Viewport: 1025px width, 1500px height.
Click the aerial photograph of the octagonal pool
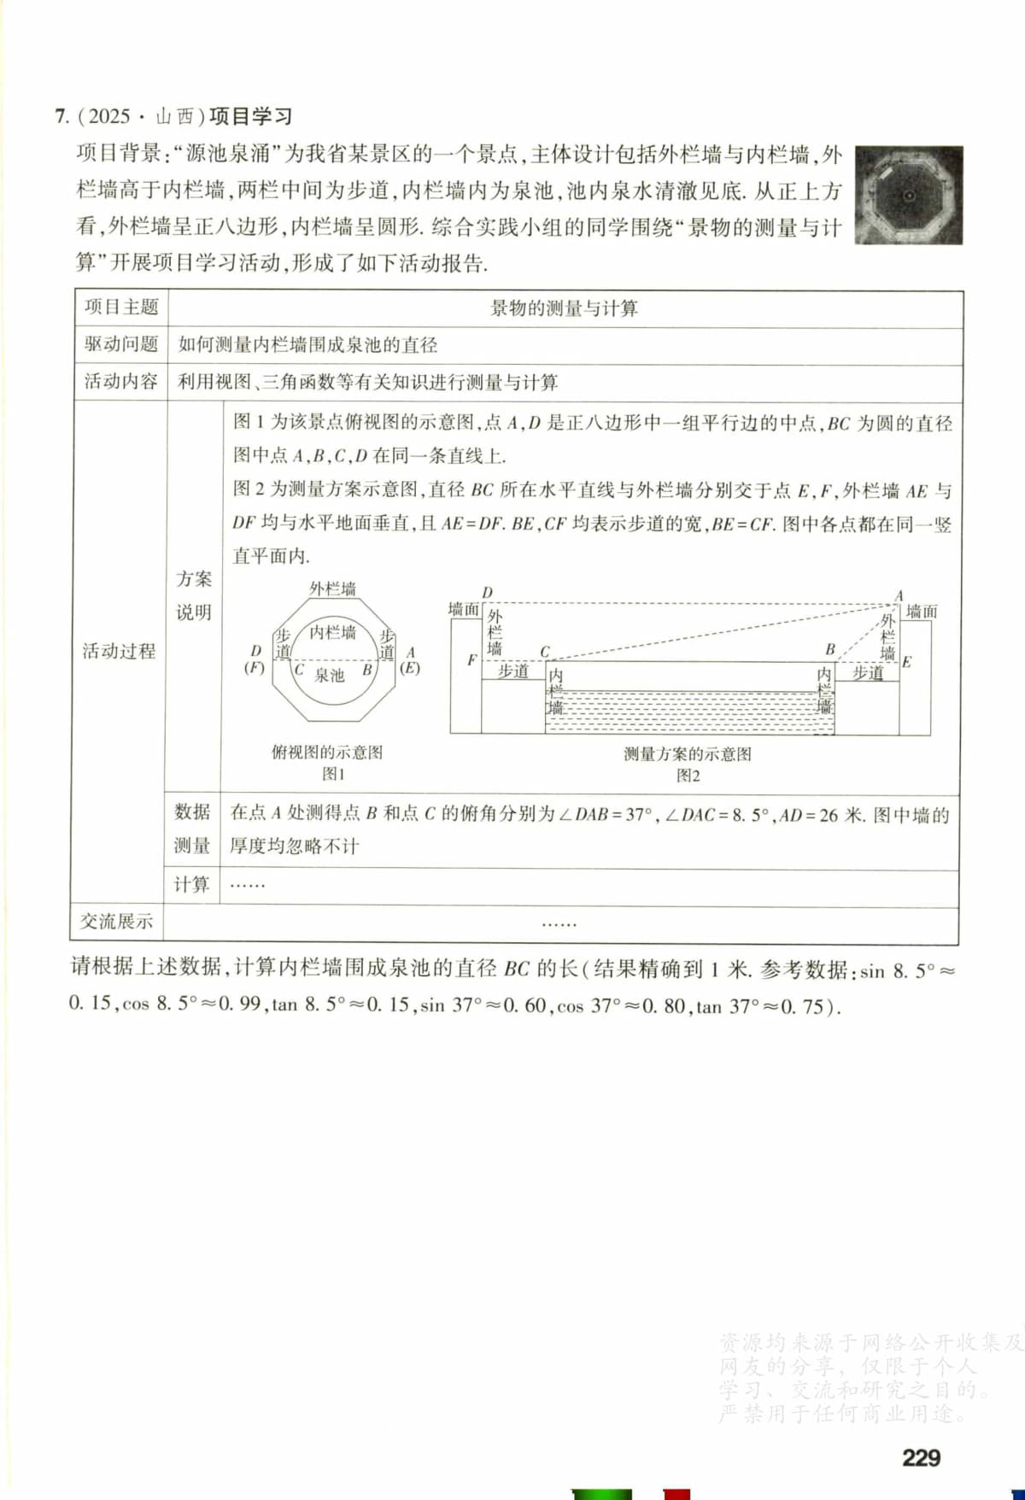[x=909, y=196]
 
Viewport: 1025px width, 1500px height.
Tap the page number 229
[x=921, y=1456]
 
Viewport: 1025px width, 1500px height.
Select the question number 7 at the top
[x=61, y=116]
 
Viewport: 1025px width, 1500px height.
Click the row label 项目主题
[x=120, y=308]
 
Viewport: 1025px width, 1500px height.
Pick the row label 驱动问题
[x=120, y=344]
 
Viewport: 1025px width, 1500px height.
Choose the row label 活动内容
[x=120, y=381]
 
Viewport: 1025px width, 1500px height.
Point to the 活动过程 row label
[x=119, y=651]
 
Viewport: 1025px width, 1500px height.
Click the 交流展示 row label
[x=116, y=922]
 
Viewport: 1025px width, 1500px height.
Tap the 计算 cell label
[x=192, y=884]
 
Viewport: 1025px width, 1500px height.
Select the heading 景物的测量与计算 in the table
[x=564, y=308]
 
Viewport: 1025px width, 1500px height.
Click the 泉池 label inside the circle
[x=329, y=675]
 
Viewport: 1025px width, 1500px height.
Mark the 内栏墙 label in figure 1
[x=332, y=632]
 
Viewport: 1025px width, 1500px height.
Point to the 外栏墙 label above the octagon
[x=332, y=589]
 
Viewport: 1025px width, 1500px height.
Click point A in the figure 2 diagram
[x=899, y=595]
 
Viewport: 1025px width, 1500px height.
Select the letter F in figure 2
[x=471, y=659]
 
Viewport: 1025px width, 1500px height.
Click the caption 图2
[x=688, y=776]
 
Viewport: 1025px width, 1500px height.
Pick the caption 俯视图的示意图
[x=327, y=753]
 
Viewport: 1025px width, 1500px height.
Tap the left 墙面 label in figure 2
[x=464, y=609]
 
